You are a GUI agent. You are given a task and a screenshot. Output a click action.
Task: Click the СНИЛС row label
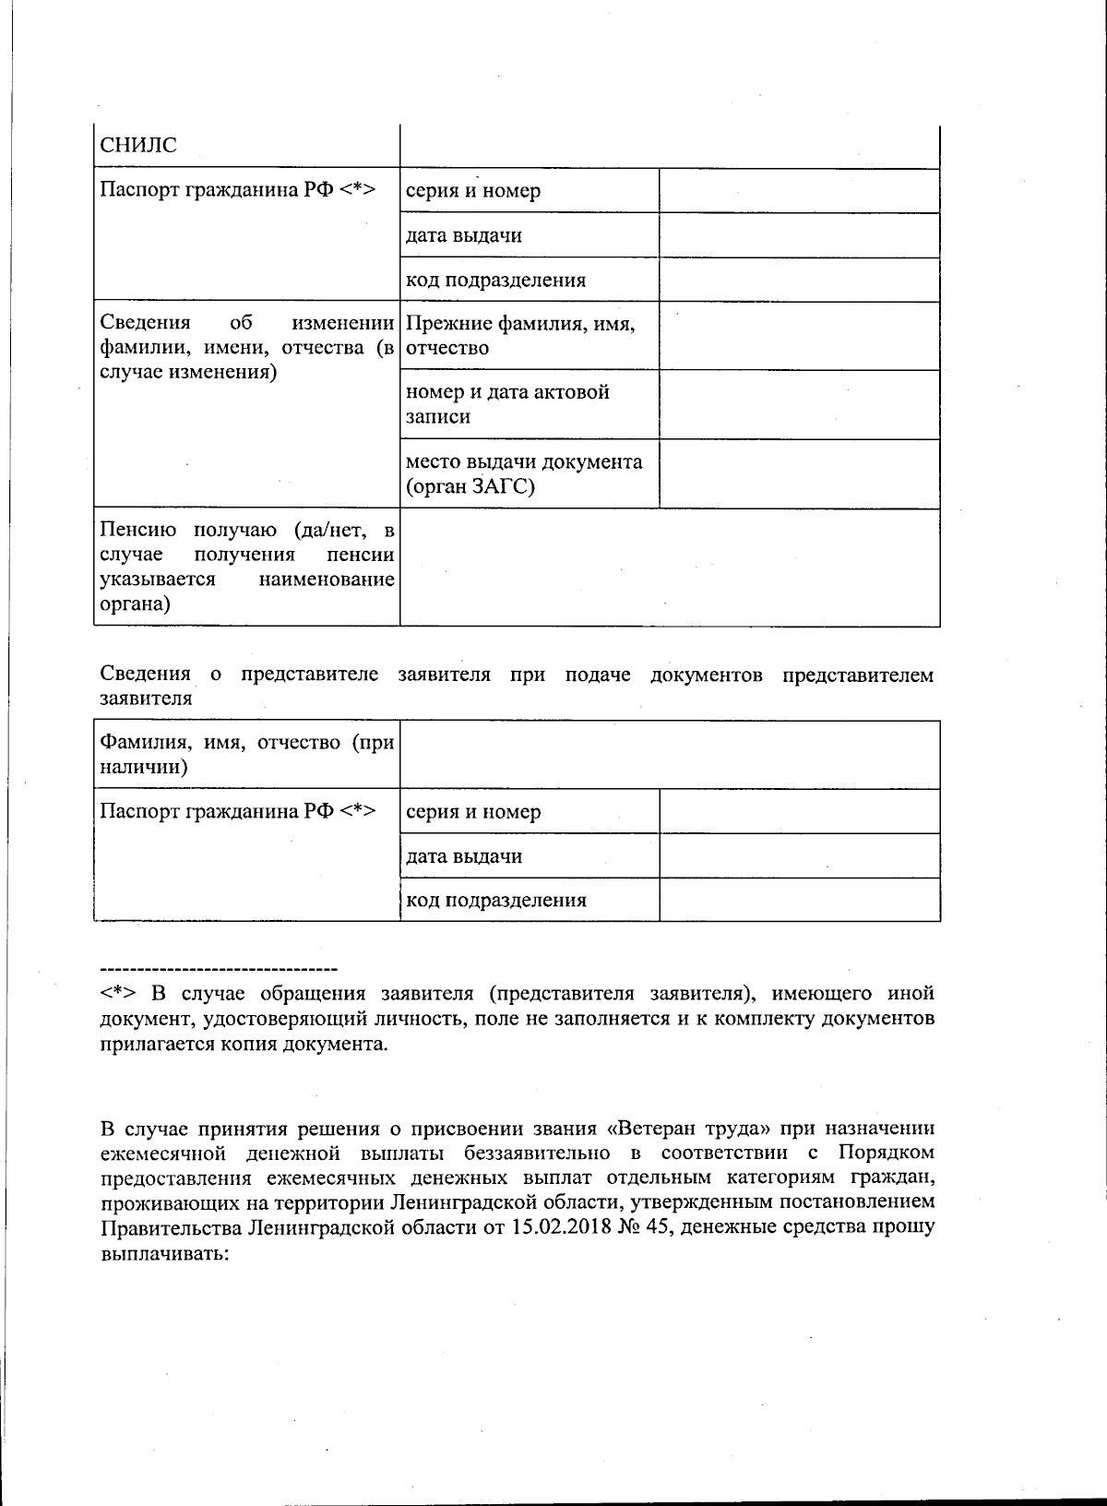(138, 146)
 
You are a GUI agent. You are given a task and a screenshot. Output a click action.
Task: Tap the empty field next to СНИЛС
(669, 146)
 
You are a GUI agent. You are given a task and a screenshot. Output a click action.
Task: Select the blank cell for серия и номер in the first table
(799, 191)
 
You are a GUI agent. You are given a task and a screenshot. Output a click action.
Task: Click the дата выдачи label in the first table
(464, 235)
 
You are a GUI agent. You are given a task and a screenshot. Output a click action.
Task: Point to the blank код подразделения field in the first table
(799, 280)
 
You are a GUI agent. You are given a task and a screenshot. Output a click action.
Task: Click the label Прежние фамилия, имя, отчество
(520, 336)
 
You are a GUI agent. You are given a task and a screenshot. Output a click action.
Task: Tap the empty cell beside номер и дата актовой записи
(799, 404)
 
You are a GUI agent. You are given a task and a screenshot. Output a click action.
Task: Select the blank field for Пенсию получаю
(669, 568)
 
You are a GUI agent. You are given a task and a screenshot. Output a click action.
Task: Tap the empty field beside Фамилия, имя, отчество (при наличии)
(669, 755)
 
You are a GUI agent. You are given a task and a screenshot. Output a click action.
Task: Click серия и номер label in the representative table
(473, 812)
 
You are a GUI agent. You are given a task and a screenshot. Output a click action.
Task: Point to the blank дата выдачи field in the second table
(799, 856)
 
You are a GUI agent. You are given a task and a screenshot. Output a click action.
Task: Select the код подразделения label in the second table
(496, 901)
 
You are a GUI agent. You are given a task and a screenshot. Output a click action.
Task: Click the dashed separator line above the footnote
(219, 969)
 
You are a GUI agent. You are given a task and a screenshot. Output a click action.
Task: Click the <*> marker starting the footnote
(118, 994)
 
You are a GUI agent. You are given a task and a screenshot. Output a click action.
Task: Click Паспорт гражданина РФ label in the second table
(237, 812)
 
